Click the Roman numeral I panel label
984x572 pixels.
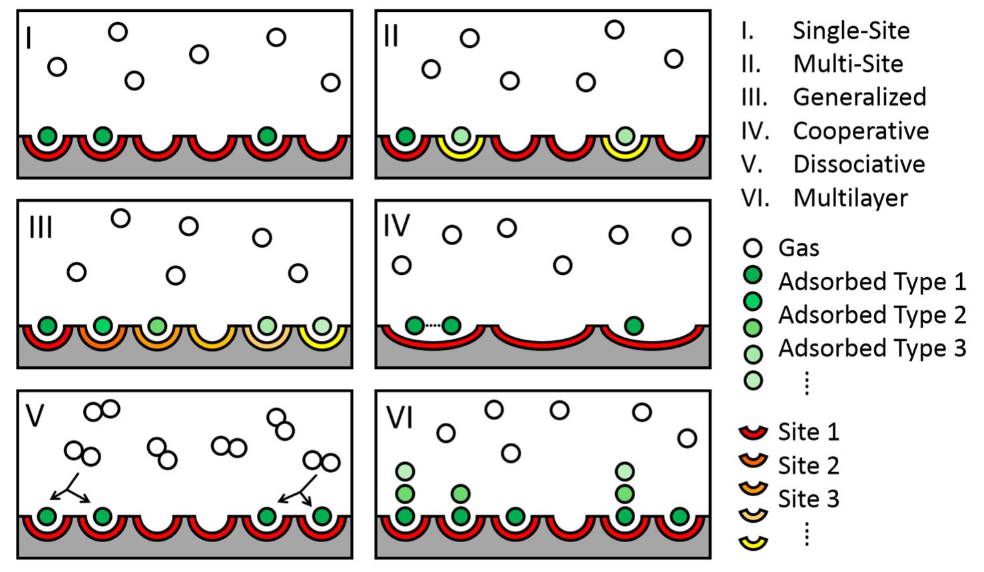tap(28, 38)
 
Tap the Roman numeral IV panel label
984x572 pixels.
tap(397, 226)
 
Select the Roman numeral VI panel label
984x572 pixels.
tap(400, 418)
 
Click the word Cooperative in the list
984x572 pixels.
tap(860, 131)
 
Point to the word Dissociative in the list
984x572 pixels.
tap(859, 164)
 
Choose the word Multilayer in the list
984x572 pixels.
tap(850, 198)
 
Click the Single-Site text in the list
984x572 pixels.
tap(851, 31)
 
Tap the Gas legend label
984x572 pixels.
tap(798, 248)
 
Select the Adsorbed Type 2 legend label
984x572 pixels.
tap(871, 314)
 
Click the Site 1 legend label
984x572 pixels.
tap(808, 432)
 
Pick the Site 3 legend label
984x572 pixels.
tap(808, 499)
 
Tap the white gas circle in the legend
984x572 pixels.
tap(752, 248)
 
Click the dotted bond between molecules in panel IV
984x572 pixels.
tap(433, 326)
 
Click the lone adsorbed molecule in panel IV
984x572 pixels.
tap(634, 326)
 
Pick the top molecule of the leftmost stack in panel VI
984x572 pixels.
tap(405, 471)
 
